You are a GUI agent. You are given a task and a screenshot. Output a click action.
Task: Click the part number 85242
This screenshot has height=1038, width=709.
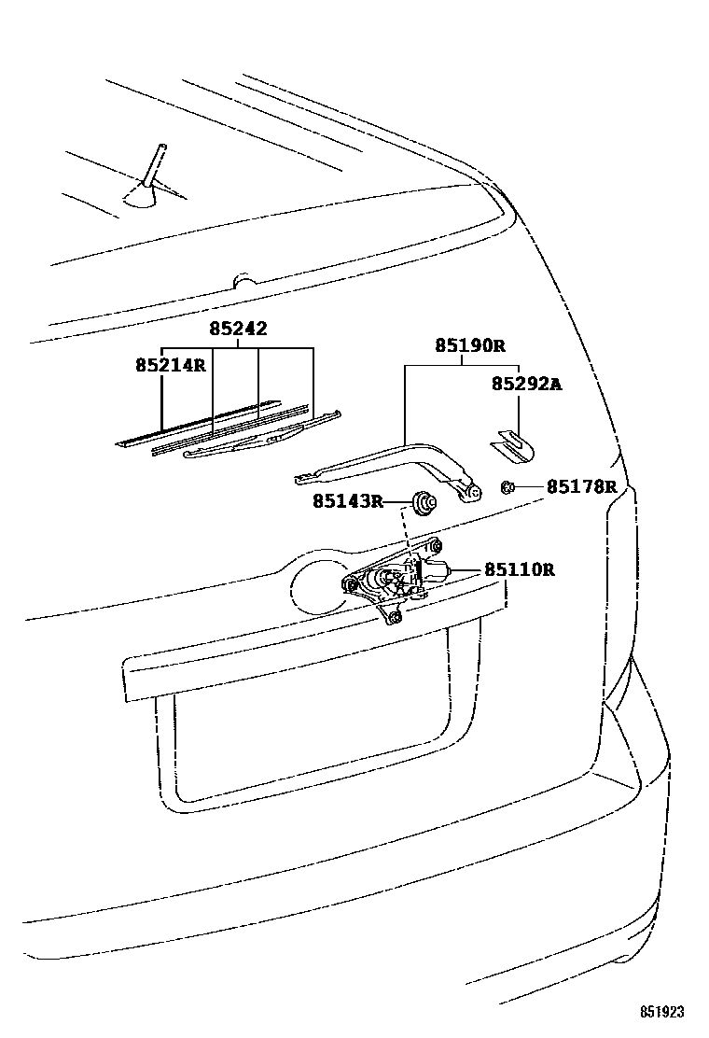point(238,329)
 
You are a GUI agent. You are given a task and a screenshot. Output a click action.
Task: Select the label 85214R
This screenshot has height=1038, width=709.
point(170,365)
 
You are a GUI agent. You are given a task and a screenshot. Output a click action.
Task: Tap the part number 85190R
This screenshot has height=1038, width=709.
point(469,345)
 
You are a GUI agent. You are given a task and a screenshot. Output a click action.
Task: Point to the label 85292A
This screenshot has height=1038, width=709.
point(526,384)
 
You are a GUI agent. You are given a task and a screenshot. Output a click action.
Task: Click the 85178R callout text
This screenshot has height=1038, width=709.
point(581,486)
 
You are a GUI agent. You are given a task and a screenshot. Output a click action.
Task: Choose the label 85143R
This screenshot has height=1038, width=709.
point(347,501)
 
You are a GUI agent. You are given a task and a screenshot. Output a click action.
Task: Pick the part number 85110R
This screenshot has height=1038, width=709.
point(519,569)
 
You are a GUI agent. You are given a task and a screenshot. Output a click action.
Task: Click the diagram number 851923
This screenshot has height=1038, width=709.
point(661,1012)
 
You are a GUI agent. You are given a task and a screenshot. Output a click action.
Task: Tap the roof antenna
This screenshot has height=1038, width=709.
point(151,176)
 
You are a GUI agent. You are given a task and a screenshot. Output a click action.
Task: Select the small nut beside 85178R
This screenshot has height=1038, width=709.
point(508,486)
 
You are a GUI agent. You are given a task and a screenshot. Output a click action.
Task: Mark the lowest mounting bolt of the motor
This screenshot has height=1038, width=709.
point(395,617)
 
